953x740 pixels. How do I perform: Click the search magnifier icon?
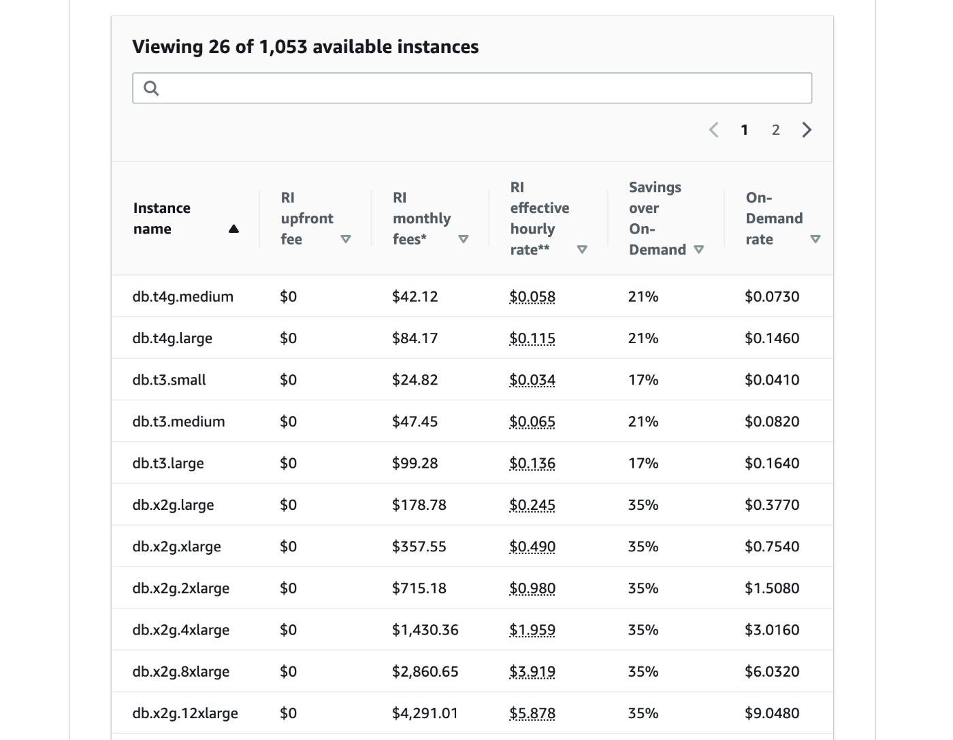(151, 88)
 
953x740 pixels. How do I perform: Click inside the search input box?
(472, 88)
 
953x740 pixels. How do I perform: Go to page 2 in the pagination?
(775, 130)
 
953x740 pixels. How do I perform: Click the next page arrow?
(807, 130)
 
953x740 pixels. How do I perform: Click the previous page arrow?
(713, 130)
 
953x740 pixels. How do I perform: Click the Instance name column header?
(162, 219)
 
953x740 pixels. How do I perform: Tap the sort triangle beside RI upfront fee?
(346, 239)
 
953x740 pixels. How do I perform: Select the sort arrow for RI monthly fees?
(463, 239)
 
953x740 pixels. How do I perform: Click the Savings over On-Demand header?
(657, 219)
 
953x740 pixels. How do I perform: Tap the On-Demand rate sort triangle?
(815, 239)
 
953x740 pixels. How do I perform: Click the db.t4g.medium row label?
(183, 297)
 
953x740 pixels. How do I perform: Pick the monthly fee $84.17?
(415, 338)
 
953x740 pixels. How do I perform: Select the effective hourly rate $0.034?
(532, 380)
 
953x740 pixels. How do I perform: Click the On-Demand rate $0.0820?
(772, 421)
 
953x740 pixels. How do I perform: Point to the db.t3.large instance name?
(168, 463)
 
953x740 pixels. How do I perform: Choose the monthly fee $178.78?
(419, 504)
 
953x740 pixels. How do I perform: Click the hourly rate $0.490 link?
(532, 546)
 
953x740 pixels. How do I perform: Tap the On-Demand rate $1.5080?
(772, 588)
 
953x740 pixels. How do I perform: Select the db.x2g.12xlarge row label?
(185, 713)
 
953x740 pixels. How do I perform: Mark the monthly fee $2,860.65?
(425, 671)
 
